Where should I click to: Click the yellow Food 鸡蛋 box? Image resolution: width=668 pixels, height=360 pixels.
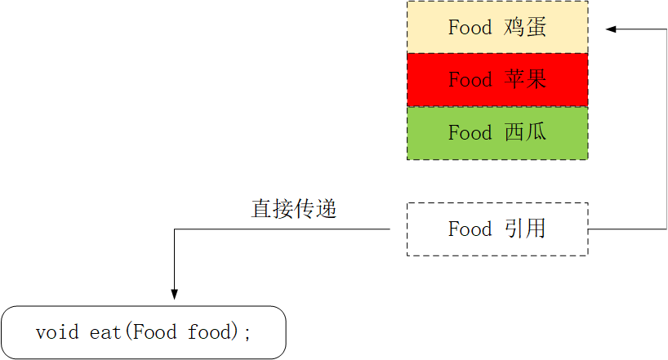click(x=497, y=27)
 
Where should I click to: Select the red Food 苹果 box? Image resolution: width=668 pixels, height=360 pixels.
click(x=497, y=80)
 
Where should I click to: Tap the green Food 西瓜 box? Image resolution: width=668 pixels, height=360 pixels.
click(x=497, y=133)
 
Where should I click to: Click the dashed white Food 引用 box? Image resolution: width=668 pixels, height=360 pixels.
click(x=497, y=229)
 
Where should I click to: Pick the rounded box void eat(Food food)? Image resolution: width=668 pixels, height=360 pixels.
click(x=144, y=332)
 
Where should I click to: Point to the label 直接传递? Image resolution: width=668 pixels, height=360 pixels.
click(x=294, y=209)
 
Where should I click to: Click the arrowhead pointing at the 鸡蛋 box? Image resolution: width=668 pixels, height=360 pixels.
click(x=611, y=30)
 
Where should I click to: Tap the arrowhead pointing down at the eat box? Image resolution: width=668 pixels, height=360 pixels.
click(x=174, y=294)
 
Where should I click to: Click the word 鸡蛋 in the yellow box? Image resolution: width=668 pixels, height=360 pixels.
click(x=525, y=27)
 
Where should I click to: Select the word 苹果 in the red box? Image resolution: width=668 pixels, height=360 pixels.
click(x=525, y=80)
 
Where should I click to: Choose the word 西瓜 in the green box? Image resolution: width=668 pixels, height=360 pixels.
click(x=525, y=133)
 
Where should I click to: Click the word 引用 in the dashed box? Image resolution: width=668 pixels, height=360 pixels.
click(x=525, y=229)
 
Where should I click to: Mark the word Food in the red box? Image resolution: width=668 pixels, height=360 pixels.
click(x=470, y=80)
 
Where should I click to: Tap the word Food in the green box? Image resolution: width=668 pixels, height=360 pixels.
click(x=470, y=133)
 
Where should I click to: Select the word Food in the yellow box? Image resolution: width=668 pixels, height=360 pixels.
click(x=470, y=27)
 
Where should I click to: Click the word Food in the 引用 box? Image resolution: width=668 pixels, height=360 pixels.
click(x=470, y=229)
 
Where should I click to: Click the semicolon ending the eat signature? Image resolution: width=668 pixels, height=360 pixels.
click(x=248, y=333)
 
